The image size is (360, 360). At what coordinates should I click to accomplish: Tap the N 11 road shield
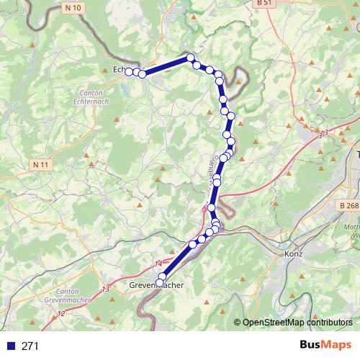click(x=42, y=165)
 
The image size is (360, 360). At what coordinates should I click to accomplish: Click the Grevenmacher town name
click(x=157, y=286)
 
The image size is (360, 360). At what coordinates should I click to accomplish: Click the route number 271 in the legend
click(x=30, y=346)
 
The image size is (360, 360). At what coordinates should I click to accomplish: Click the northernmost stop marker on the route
click(x=190, y=58)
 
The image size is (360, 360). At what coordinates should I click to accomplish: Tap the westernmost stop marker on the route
click(x=128, y=71)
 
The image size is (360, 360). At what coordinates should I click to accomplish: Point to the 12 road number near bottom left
click(x=61, y=313)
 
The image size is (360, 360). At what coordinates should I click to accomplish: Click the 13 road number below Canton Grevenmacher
click(x=105, y=289)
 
